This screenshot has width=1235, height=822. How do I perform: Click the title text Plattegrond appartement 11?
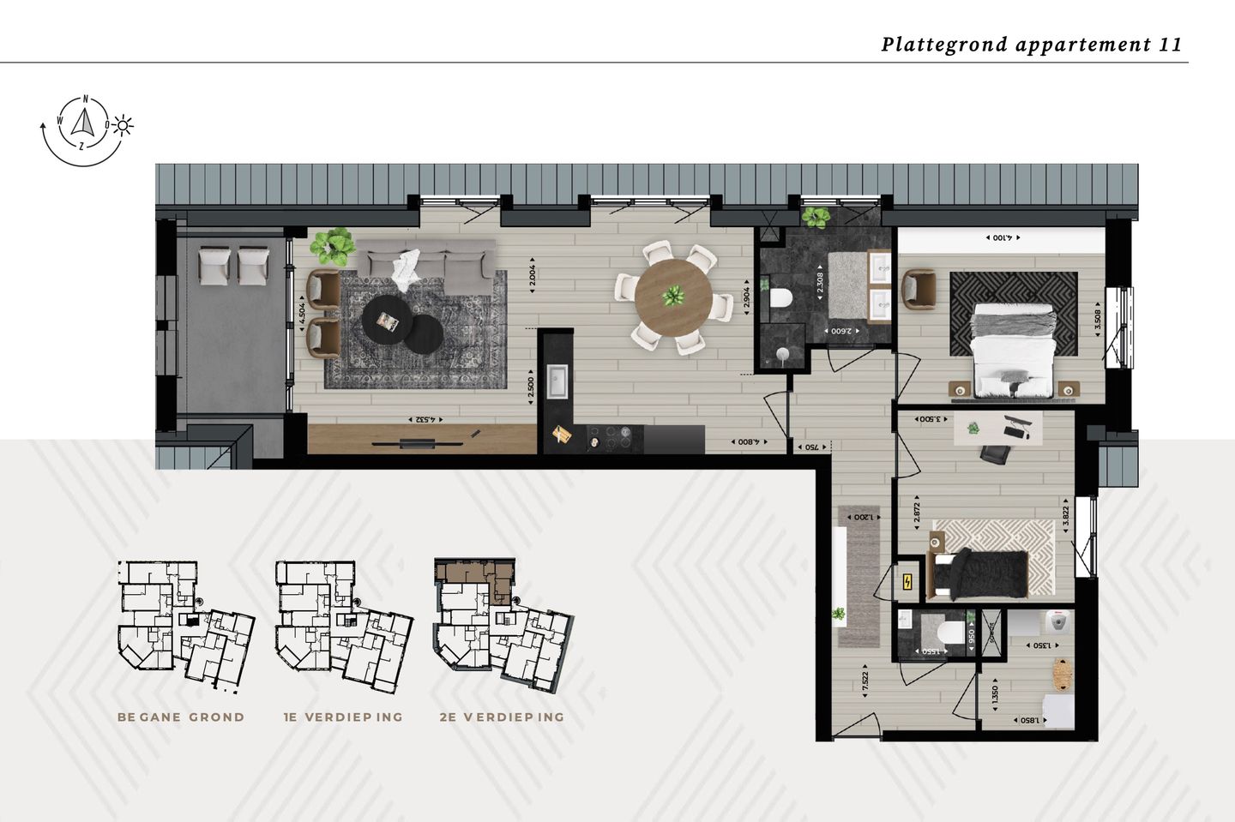pyautogui.click(x=1031, y=45)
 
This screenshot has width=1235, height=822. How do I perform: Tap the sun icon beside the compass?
pyautogui.click(x=123, y=126)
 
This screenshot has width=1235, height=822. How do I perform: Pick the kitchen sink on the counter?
pyautogui.click(x=557, y=381)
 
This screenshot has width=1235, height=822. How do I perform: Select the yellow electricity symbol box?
pyautogui.click(x=907, y=583)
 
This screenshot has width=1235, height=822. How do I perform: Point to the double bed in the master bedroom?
pyautogui.click(x=1013, y=351)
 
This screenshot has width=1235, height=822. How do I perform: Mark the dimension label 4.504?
pyautogui.click(x=301, y=314)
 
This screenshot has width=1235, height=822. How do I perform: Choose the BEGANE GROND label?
pyautogui.click(x=181, y=717)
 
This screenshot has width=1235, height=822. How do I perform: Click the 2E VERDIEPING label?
pyautogui.click(x=502, y=717)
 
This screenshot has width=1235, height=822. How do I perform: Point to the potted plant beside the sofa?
pyautogui.click(x=332, y=245)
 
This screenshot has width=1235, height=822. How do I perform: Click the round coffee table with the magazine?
pyautogui.click(x=386, y=319)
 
